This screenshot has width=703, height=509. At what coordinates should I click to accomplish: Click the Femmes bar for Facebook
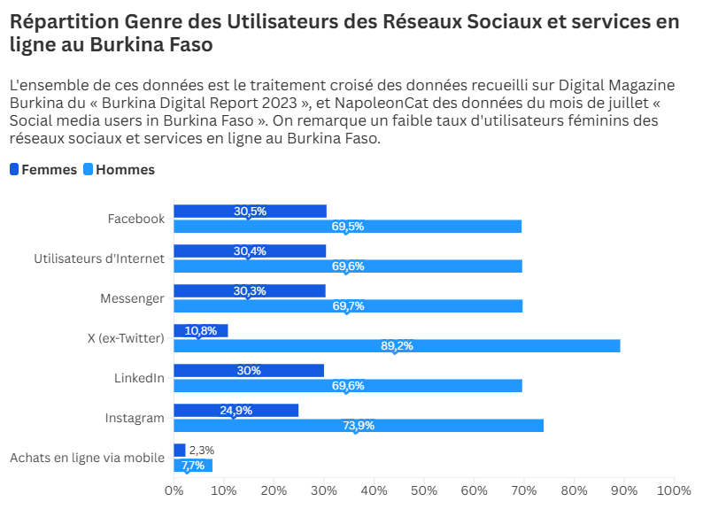pyautogui.click(x=250, y=211)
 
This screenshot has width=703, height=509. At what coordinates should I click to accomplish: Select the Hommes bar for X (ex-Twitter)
pyautogui.click(x=397, y=346)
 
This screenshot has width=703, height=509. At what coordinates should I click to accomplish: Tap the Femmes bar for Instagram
pyautogui.click(x=236, y=410)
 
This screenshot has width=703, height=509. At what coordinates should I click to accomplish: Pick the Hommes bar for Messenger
pyautogui.click(x=348, y=306)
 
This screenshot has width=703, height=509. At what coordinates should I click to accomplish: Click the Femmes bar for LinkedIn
pyautogui.click(x=249, y=370)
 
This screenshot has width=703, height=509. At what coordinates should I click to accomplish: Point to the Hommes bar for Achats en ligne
pyautogui.click(x=193, y=466)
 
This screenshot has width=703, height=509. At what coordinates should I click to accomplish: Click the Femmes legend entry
pyautogui.click(x=43, y=170)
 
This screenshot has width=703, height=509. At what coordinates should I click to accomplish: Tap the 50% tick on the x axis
pyautogui.click(x=424, y=490)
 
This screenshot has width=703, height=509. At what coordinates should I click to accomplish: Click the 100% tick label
pyautogui.click(x=674, y=490)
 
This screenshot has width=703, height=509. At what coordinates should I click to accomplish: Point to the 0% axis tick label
pyautogui.click(x=174, y=490)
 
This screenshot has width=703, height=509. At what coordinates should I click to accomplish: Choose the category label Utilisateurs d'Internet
pyautogui.click(x=99, y=258)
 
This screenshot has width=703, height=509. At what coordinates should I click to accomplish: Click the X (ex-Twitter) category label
pyautogui.click(x=127, y=338)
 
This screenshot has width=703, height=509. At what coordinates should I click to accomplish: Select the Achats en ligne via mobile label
pyautogui.click(x=87, y=458)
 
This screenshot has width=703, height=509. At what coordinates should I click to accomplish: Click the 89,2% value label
pyautogui.click(x=398, y=346)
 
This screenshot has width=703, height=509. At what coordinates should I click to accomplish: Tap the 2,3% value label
pyautogui.click(x=201, y=451)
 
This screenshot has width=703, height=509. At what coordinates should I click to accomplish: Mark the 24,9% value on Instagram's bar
pyautogui.click(x=236, y=410)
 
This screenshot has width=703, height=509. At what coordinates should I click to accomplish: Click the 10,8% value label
pyautogui.click(x=201, y=330)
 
